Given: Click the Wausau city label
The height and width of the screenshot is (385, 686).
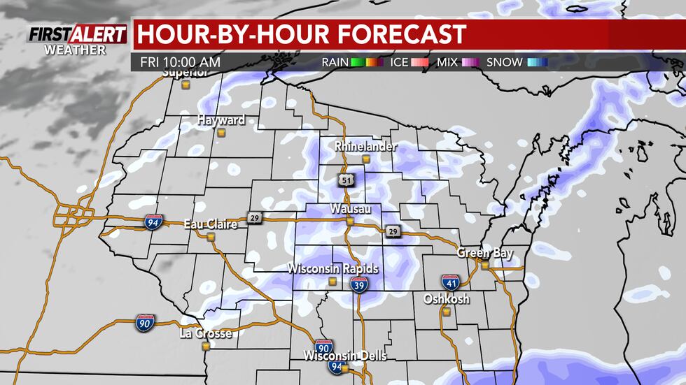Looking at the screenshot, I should (x=350, y=210).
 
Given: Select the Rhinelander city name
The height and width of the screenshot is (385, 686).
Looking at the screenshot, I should (x=365, y=147).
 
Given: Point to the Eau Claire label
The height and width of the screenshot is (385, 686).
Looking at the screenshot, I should (x=210, y=224).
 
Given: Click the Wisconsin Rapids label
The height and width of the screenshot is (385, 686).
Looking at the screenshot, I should (x=332, y=269).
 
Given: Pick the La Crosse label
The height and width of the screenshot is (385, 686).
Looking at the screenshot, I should (x=205, y=334).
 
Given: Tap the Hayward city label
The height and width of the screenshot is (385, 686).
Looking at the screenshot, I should (x=220, y=120).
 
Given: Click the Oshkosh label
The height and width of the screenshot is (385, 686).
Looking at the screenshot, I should (x=446, y=299).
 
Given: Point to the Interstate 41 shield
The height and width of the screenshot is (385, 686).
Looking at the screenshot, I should (x=450, y=282).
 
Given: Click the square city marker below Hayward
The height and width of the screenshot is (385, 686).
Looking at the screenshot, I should (x=221, y=131).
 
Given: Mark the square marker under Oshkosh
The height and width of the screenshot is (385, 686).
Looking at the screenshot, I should (x=446, y=311).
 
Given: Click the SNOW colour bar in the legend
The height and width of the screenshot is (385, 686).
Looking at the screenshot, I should (x=538, y=62).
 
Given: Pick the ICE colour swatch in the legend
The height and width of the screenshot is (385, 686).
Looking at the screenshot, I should (x=423, y=62).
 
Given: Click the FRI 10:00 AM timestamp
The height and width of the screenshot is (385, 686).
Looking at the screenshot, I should (x=180, y=62).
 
